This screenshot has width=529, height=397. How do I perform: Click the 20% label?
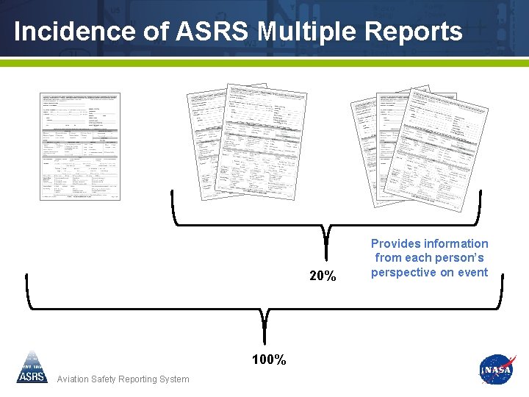(x=323, y=276)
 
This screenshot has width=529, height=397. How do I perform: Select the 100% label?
(x=269, y=360)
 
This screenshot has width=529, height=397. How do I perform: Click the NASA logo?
(x=496, y=370)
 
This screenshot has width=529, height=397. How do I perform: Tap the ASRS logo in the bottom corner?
(x=32, y=368)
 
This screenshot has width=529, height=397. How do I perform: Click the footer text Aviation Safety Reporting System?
(x=123, y=379)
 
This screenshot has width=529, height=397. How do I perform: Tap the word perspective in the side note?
(x=409, y=272)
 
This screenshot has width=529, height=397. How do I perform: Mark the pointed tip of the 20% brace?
(x=325, y=239)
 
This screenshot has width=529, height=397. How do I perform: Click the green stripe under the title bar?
(x=264, y=63)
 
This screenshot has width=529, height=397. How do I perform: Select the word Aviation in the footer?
(x=73, y=379)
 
